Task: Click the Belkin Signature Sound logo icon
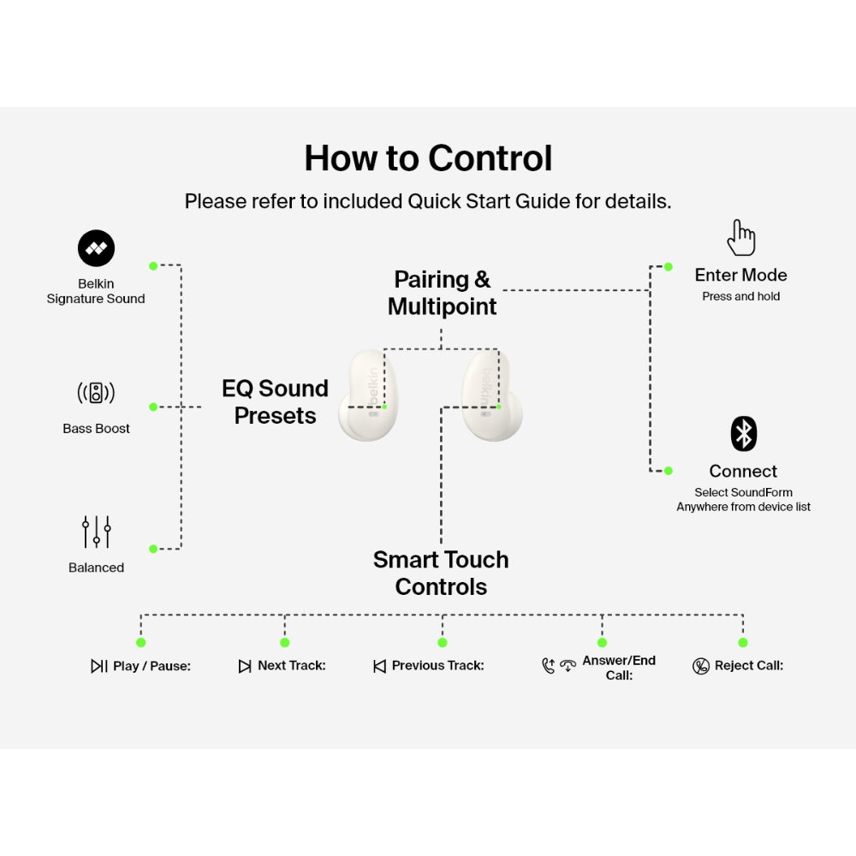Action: [x=96, y=248]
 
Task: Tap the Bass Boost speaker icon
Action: [x=96, y=393]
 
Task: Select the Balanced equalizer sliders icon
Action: [x=96, y=532]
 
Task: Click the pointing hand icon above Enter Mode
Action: [x=741, y=237]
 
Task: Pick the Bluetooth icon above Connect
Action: [x=743, y=434]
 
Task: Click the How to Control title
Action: [x=428, y=158]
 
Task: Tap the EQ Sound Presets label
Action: [x=275, y=401]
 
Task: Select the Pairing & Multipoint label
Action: [x=442, y=293]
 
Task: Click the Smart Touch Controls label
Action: [x=441, y=573]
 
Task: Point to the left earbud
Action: [x=368, y=395]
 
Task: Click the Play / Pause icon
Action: [x=99, y=666]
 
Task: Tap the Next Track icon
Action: [x=245, y=666]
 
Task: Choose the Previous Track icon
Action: [x=379, y=666]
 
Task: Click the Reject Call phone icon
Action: [x=701, y=666]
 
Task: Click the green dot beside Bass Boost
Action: [x=153, y=407]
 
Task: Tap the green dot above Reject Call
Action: [x=743, y=642]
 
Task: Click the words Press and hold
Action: [x=740, y=296]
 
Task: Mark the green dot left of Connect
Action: [x=668, y=470]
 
